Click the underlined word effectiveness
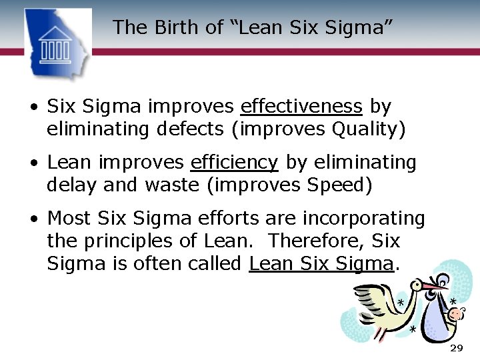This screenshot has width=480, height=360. [x=301, y=107]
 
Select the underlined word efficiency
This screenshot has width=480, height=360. [x=234, y=163]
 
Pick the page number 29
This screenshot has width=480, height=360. [x=456, y=349]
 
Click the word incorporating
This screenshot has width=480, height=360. [x=363, y=219]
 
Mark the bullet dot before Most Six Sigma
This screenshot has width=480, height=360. [x=32, y=219]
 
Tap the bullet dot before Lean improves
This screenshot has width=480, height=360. [x=32, y=163]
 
